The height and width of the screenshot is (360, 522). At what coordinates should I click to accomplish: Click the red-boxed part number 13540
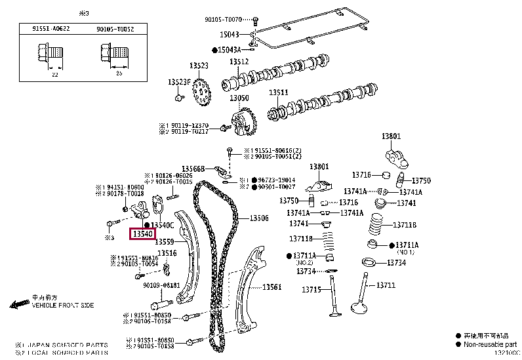click(144, 233)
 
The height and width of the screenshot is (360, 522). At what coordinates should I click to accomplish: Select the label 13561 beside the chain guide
click(271, 287)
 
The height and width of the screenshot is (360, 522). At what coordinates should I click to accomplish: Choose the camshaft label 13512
click(239, 62)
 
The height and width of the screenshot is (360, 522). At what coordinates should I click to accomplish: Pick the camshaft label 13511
click(278, 92)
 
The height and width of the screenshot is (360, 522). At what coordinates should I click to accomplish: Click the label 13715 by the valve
click(311, 289)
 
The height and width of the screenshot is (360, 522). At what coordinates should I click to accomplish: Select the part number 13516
click(167, 252)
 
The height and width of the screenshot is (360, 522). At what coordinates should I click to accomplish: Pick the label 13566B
click(193, 169)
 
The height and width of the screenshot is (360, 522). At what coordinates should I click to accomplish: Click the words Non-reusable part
click(490, 344)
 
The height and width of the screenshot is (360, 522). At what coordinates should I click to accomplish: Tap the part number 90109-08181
click(161, 285)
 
